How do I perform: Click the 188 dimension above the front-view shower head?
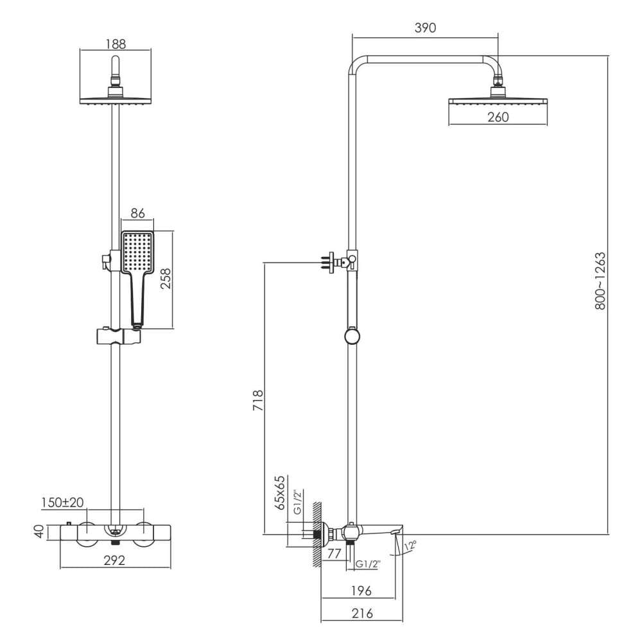116,44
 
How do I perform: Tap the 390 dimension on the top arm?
426,28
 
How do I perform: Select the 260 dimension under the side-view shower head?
498,117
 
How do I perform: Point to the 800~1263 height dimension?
600,281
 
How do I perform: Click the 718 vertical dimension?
258,401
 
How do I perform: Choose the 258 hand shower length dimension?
166,279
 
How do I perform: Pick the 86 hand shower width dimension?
137,213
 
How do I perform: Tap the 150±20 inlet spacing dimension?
62,502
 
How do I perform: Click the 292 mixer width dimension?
114,560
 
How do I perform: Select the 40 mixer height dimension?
39,532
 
